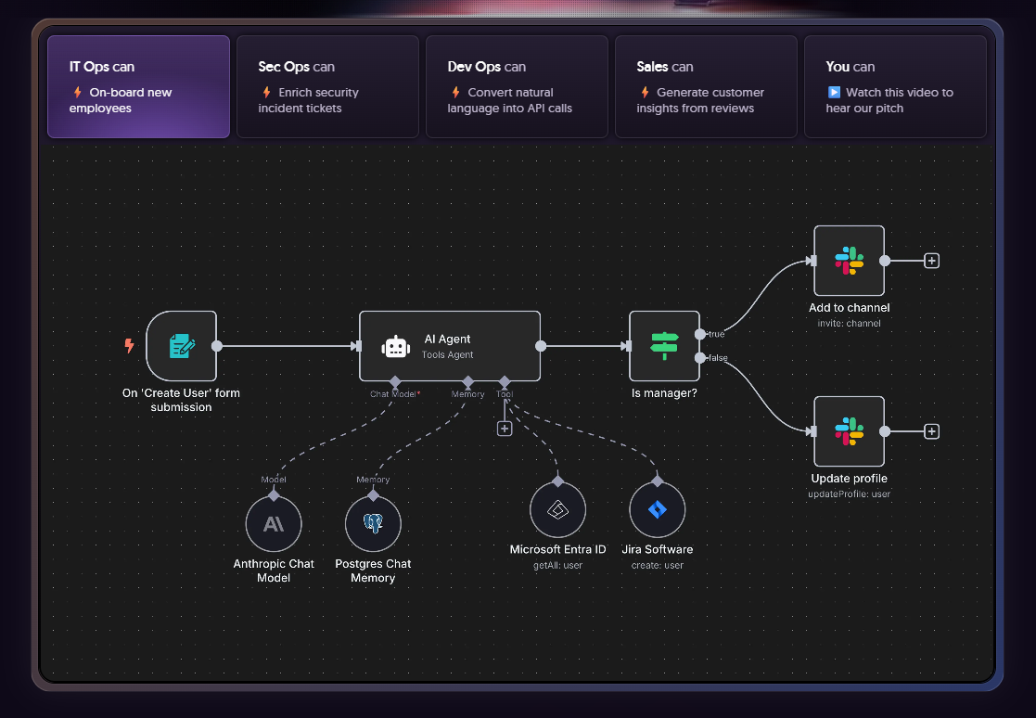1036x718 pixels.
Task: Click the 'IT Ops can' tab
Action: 139,86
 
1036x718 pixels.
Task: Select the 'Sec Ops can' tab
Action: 327,86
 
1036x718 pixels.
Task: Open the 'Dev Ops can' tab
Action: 517,86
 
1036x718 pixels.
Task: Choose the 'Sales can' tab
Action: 706,86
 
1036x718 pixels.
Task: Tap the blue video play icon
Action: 834,93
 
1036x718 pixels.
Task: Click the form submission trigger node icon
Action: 182,346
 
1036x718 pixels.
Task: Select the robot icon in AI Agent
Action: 396,347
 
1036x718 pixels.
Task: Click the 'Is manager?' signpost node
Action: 664,346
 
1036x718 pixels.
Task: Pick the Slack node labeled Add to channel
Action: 849,261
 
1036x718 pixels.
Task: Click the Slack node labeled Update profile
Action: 849,431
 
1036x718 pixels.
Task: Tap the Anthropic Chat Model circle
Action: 274,524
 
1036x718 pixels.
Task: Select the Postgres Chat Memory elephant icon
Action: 373,524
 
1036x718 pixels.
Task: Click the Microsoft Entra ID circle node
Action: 557,510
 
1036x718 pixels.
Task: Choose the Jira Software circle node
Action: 658,510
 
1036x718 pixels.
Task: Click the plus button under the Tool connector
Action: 505,429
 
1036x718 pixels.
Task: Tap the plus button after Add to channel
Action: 931,261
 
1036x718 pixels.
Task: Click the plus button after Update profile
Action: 931,431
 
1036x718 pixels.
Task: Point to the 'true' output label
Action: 716,334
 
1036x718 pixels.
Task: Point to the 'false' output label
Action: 718,358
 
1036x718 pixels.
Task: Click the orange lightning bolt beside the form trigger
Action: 130,345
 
